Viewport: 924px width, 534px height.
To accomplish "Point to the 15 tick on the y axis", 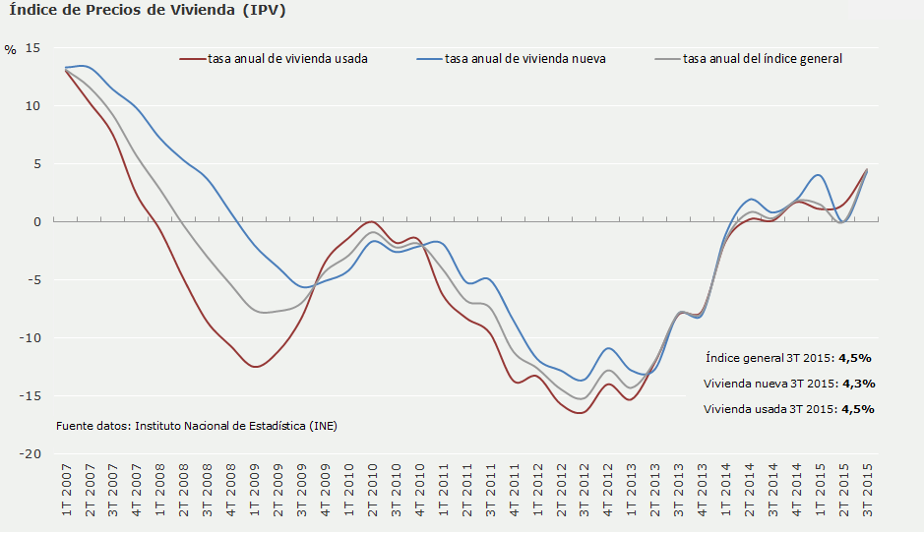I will [x=33, y=48].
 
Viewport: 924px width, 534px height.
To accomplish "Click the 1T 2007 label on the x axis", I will [x=67, y=496].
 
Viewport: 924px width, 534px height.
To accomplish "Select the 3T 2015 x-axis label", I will [x=869, y=496].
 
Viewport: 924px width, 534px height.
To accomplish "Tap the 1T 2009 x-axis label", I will [x=255, y=496].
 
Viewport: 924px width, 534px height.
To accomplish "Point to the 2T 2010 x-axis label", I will [x=373, y=496].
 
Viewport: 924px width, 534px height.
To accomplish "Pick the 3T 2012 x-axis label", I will [x=585, y=496].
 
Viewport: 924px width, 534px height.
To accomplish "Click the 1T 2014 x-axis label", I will [x=727, y=496].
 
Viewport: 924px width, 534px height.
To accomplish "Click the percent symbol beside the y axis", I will [x=10, y=50].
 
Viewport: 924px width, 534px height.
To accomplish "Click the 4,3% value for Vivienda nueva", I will [x=856, y=384].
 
